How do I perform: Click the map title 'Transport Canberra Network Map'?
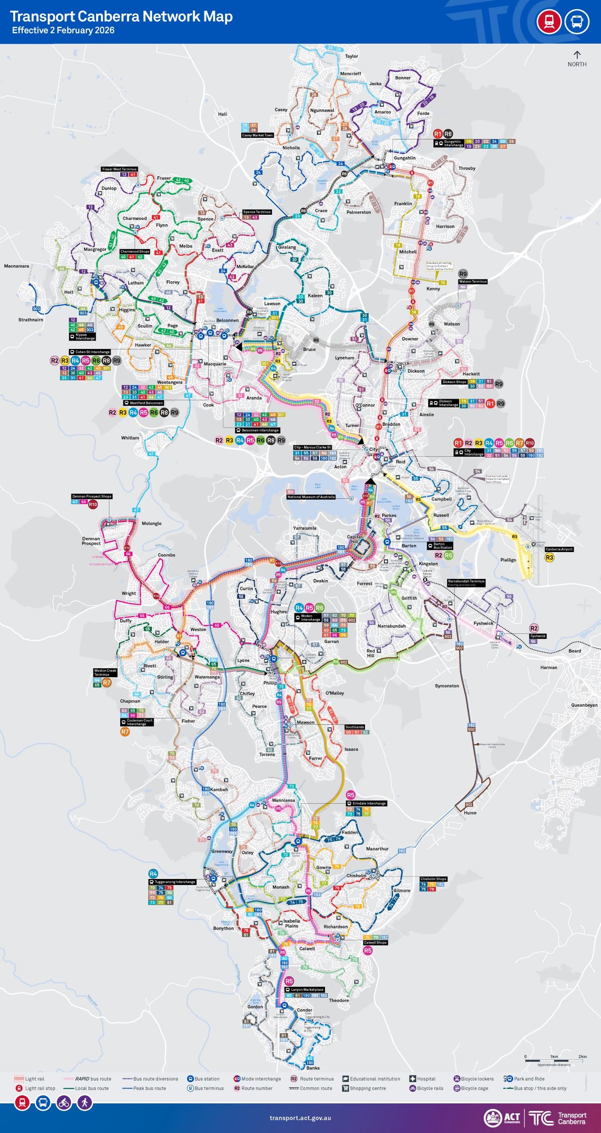[121, 17]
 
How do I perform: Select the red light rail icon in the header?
[549, 21]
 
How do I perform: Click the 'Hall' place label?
[222, 114]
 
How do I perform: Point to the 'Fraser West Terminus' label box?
[119, 169]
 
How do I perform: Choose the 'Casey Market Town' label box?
[257, 135]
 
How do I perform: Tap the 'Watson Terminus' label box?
[472, 282]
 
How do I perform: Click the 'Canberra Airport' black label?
[559, 549]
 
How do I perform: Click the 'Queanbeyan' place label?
[584, 705]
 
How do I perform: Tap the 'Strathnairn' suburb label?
[31, 320]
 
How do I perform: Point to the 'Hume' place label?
[470, 813]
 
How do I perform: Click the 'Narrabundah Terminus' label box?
[466, 581]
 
